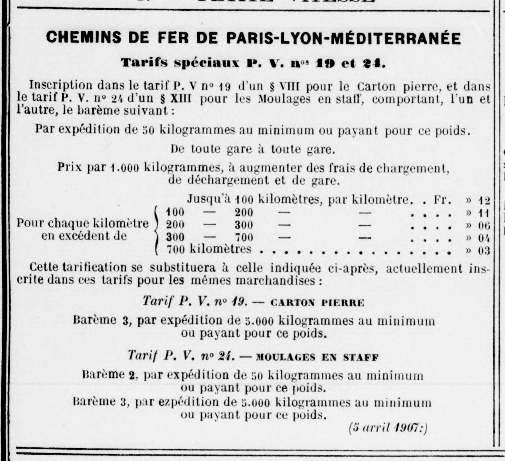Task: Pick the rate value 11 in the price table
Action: point(484,214)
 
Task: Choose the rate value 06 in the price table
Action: point(484,226)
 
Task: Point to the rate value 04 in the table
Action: point(484,238)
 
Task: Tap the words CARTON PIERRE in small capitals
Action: point(318,303)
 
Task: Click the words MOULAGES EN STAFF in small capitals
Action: point(317,357)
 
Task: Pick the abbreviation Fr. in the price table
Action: point(442,200)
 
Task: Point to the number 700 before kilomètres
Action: point(176,250)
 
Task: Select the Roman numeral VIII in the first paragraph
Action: point(286,86)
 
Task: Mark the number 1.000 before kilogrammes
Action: point(124,168)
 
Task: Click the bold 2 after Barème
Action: point(132,376)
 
